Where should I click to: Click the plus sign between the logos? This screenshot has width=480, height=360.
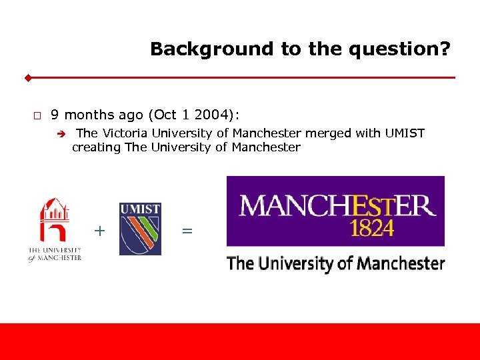coord(99,231)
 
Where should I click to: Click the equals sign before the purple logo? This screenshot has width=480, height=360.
coord(187,231)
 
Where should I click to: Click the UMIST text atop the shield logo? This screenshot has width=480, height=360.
coord(140,209)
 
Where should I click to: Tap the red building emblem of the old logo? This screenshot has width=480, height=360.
coord(55,219)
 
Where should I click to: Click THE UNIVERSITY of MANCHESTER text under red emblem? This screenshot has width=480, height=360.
coord(55,254)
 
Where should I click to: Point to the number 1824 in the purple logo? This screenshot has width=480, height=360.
coord(372,227)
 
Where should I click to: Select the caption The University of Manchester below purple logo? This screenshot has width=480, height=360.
coord(335,263)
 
